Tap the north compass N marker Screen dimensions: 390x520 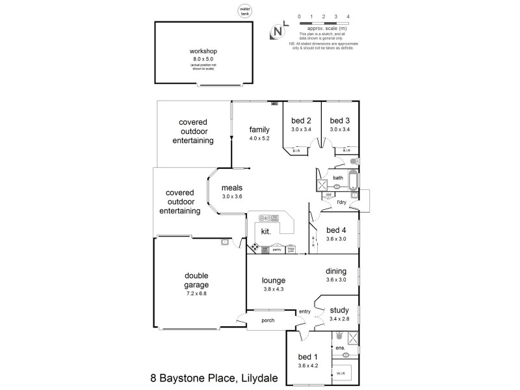pos(278,31)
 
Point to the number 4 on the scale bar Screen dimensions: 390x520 pos(348,15)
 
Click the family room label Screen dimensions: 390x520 pos(259,129)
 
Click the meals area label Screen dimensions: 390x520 pos(231,188)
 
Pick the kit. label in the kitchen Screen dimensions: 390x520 pos(266,231)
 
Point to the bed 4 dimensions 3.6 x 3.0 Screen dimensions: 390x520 pos(337,239)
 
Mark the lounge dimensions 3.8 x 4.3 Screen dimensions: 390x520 pos(275,289)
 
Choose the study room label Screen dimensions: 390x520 pos(339,310)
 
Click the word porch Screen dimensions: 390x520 pos(267,320)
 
